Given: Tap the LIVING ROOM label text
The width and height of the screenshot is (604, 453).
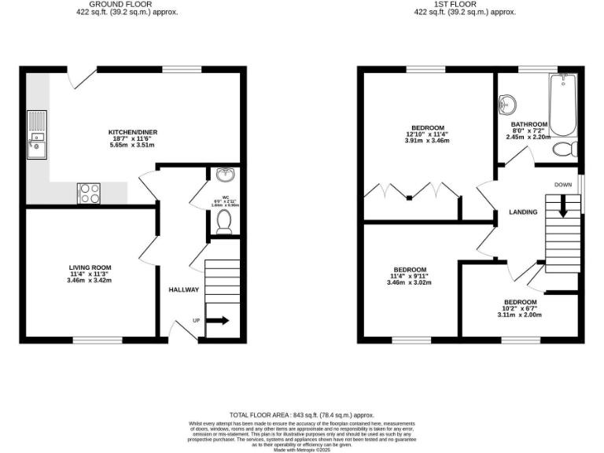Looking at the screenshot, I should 90,267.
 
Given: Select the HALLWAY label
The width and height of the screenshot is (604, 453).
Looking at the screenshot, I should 184,290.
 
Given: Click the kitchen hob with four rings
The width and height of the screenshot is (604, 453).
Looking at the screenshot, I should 89,193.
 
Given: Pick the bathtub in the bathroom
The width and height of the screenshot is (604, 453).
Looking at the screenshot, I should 563,106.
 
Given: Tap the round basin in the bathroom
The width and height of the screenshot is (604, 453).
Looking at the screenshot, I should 508,103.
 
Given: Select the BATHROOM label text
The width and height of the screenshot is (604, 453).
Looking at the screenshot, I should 528,124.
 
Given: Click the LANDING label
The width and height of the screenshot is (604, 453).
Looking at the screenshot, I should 523,212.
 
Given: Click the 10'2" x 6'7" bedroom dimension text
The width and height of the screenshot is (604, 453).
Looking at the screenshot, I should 520,308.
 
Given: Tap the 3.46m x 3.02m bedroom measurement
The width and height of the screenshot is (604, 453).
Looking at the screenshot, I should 410,282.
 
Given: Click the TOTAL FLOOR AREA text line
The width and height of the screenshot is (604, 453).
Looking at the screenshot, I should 301,414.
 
